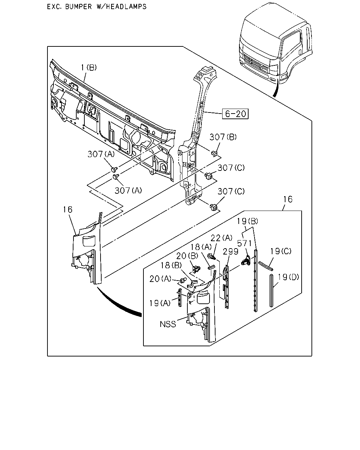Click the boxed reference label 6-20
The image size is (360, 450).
click(x=235, y=114)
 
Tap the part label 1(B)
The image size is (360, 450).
click(x=89, y=67)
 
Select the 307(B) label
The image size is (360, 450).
click(x=223, y=137)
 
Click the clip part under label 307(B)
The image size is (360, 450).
click(x=214, y=154)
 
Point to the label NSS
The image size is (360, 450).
click(x=168, y=324)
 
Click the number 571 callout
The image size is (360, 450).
click(x=244, y=243)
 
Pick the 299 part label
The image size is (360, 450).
click(x=231, y=252)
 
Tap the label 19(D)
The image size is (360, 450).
click(x=289, y=277)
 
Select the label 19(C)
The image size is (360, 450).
click(x=281, y=251)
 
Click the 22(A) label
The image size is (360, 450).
click(x=221, y=238)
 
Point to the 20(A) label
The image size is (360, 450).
click(x=160, y=279)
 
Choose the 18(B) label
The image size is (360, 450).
click(x=171, y=265)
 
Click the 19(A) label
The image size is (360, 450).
click(x=160, y=303)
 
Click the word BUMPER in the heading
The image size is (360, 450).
click(x=78, y=7)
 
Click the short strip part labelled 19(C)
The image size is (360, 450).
click(x=266, y=266)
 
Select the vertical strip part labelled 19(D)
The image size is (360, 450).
click(x=271, y=291)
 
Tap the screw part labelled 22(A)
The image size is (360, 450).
click(x=212, y=256)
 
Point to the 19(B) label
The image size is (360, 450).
click(x=247, y=221)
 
